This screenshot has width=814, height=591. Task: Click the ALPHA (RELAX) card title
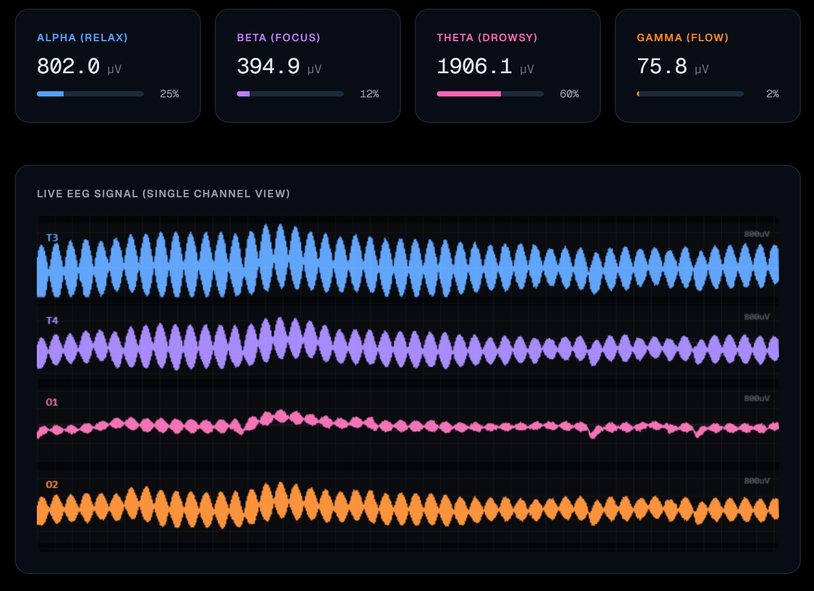pyautogui.click(x=82, y=38)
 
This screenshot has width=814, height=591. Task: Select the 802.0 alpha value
pyautogui.click(x=68, y=67)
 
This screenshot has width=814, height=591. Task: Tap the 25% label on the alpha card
pyautogui.click(x=169, y=94)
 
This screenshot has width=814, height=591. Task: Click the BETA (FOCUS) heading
pyautogui.click(x=278, y=38)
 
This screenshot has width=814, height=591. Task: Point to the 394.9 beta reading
pyautogui.click(x=268, y=67)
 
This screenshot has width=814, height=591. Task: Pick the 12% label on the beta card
pyautogui.click(x=369, y=94)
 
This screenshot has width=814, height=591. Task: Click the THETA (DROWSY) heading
pyautogui.click(x=487, y=38)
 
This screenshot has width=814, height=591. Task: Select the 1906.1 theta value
pyautogui.click(x=475, y=67)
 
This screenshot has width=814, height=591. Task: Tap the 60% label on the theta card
pyautogui.click(x=569, y=94)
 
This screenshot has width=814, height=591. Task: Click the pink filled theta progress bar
pyautogui.click(x=468, y=94)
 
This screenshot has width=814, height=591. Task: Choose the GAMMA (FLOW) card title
pyautogui.click(x=682, y=38)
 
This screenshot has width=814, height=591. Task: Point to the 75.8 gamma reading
pyautogui.click(x=662, y=67)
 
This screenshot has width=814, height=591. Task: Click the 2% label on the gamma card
pyautogui.click(x=772, y=94)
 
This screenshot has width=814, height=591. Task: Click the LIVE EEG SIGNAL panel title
pyautogui.click(x=163, y=194)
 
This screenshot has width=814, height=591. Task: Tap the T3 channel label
pyautogui.click(x=52, y=238)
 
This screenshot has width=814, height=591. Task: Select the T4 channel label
pyautogui.click(x=52, y=320)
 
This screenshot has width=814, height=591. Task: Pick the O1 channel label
pyautogui.click(x=52, y=402)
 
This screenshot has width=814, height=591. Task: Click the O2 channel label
pyautogui.click(x=52, y=484)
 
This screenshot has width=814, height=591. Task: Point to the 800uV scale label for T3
pyautogui.click(x=757, y=234)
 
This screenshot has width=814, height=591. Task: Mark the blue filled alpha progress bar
pyautogui.click(x=50, y=94)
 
